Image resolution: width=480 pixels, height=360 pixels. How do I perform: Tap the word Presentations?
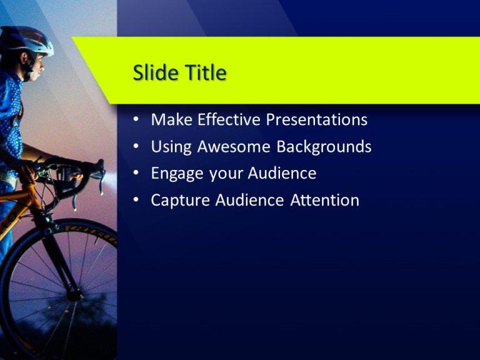tap(317, 119)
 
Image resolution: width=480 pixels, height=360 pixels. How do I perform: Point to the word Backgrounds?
tap(324, 147)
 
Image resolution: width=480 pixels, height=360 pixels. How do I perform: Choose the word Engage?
tap(177, 174)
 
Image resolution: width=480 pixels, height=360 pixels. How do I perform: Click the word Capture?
tap(179, 201)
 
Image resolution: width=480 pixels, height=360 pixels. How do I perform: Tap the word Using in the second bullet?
tap(171, 147)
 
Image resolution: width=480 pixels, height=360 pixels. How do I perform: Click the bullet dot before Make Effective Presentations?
tap(136, 120)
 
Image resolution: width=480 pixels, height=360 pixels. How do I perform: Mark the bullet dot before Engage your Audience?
tap(136, 174)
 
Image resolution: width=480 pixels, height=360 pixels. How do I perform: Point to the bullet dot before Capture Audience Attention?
tap(136, 201)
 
